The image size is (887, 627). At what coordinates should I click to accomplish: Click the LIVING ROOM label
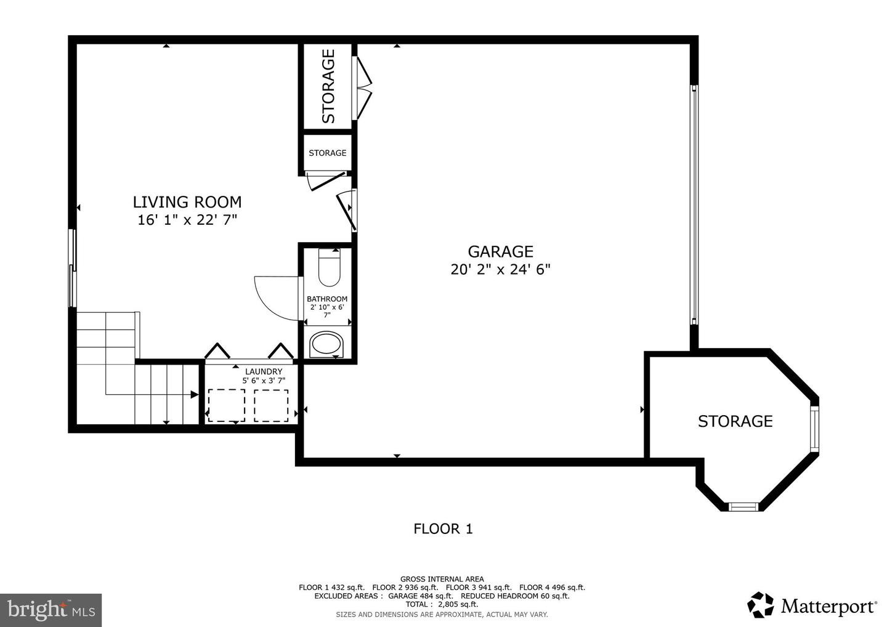pyautogui.click(x=187, y=202)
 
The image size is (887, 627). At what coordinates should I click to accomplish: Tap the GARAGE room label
pyautogui.click(x=500, y=251)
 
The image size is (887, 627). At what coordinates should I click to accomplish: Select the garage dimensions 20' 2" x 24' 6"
pyautogui.click(x=500, y=270)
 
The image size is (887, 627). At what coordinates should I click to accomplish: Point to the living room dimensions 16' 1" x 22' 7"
pyautogui.click(x=187, y=220)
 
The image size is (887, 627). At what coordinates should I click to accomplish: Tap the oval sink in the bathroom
pyautogui.click(x=326, y=344)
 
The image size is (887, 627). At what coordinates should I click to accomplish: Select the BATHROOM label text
pyautogui.click(x=327, y=299)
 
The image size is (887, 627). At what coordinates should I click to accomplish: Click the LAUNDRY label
pyautogui.click(x=264, y=371)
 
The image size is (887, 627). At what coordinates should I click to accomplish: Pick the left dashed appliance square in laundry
pyautogui.click(x=226, y=405)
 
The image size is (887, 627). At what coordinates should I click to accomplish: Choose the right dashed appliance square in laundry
pyautogui.click(x=271, y=405)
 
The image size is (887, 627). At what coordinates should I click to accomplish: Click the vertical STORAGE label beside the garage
pyautogui.click(x=328, y=86)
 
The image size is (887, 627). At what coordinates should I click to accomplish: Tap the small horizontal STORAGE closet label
pyautogui.click(x=327, y=153)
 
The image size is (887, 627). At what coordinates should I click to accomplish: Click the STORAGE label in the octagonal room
pyautogui.click(x=735, y=421)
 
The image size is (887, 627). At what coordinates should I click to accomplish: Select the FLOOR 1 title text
pyautogui.click(x=443, y=528)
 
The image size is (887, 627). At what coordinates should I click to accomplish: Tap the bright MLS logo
pyautogui.click(x=51, y=610)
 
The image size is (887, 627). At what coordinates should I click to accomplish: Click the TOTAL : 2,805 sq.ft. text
pyautogui.click(x=442, y=604)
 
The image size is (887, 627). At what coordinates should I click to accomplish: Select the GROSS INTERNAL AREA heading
pyautogui.click(x=442, y=579)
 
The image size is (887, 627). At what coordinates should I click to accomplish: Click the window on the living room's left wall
pyautogui.click(x=73, y=268)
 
